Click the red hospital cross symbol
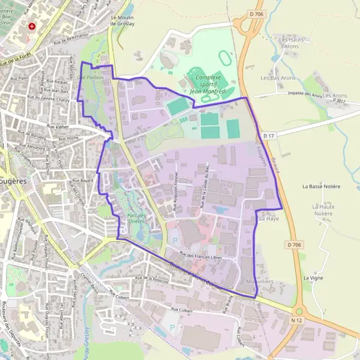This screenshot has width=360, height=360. [32, 27]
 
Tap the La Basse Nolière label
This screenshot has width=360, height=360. [321, 187]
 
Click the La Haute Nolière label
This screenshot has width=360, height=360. [323, 210]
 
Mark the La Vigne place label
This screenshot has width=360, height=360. [313, 278]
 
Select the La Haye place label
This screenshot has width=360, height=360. [269, 220]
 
